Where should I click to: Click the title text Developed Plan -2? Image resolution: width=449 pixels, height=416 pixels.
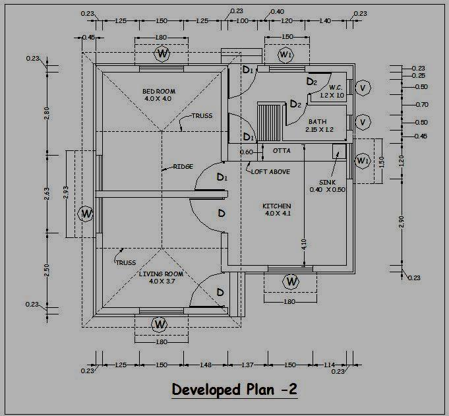click(x=235, y=390)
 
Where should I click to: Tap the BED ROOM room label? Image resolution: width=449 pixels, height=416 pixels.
click(x=159, y=92)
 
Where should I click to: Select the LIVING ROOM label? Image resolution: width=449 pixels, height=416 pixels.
click(x=161, y=274)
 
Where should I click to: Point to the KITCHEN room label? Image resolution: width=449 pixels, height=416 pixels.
click(x=277, y=206)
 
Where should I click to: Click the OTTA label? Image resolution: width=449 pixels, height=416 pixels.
click(x=282, y=150)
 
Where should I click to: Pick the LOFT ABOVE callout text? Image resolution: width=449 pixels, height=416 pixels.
click(x=270, y=172)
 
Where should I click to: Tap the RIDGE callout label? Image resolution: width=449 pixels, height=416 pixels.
click(x=183, y=166)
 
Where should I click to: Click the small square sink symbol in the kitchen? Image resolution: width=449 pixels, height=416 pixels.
click(x=339, y=151)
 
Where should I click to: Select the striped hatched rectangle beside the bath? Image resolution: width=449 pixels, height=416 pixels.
click(x=268, y=123)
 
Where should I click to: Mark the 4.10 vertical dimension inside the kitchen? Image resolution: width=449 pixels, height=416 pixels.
click(x=304, y=244)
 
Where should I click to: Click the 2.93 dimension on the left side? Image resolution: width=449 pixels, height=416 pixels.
click(x=65, y=193)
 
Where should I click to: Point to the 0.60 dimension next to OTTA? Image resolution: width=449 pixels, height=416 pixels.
click(x=247, y=152)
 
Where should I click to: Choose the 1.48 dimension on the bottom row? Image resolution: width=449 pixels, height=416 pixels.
click(x=206, y=365)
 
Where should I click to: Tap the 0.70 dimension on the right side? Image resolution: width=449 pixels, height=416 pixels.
click(x=422, y=105)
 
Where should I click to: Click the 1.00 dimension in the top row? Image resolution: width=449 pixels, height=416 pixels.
click(x=242, y=20)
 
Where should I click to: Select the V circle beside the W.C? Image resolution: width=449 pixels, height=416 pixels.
click(x=363, y=88)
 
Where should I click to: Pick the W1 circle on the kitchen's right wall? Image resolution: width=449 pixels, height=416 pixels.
click(x=363, y=161)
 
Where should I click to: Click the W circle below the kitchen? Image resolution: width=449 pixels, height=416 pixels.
click(x=291, y=282)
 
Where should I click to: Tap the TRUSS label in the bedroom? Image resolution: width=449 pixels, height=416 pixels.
click(x=202, y=115)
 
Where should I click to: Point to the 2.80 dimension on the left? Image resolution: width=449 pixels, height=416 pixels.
click(x=47, y=113)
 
